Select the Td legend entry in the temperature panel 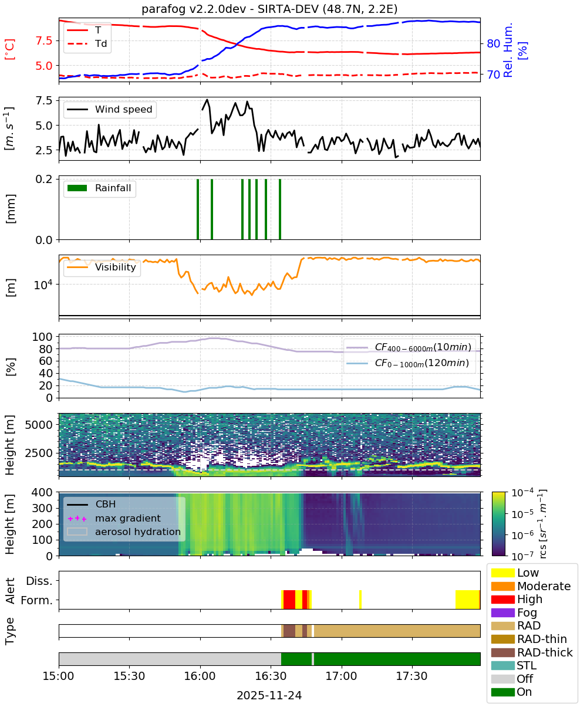[x=87, y=44]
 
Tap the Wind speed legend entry [x=110, y=109]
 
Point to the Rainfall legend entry [x=99, y=188]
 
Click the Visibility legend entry [x=102, y=267]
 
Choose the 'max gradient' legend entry [x=114, y=518]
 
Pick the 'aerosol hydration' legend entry [x=124, y=532]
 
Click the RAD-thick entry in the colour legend [x=532, y=652]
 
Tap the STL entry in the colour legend [x=514, y=665]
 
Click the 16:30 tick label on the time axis [x=271, y=676]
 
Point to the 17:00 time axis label [x=341, y=676]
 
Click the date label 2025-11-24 [x=269, y=695]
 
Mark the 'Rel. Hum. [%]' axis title [x=515, y=50]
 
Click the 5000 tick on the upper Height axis [x=39, y=425]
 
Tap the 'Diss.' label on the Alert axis [x=39, y=581]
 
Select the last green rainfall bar [x=280, y=209]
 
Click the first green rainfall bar [x=198, y=209]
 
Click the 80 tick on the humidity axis [x=493, y=43]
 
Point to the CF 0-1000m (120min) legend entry [x=408, y=363]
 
